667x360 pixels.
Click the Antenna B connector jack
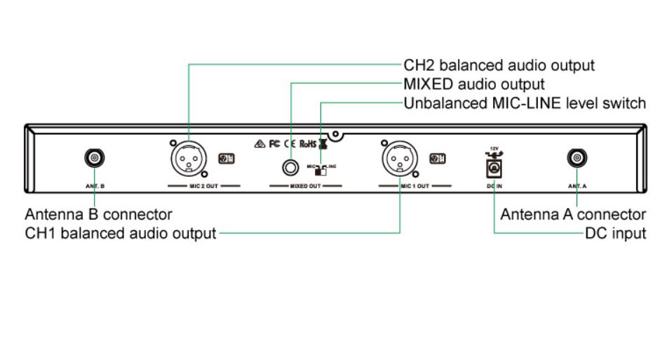coord(93,159)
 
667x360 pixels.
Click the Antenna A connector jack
coord(577,159)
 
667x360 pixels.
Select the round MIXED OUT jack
coord(290,167)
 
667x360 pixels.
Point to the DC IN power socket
coord(494,168)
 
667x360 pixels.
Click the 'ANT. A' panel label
coord(577,187)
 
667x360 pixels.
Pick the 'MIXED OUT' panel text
coord(306,187)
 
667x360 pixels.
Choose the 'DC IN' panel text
coord(494,187)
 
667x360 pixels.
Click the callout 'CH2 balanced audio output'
coord(499,65)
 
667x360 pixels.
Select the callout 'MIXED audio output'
coord(473,84)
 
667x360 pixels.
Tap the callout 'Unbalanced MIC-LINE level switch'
coord(525,104)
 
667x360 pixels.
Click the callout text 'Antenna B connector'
coord(98,214)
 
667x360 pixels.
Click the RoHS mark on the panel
coord(309,144)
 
